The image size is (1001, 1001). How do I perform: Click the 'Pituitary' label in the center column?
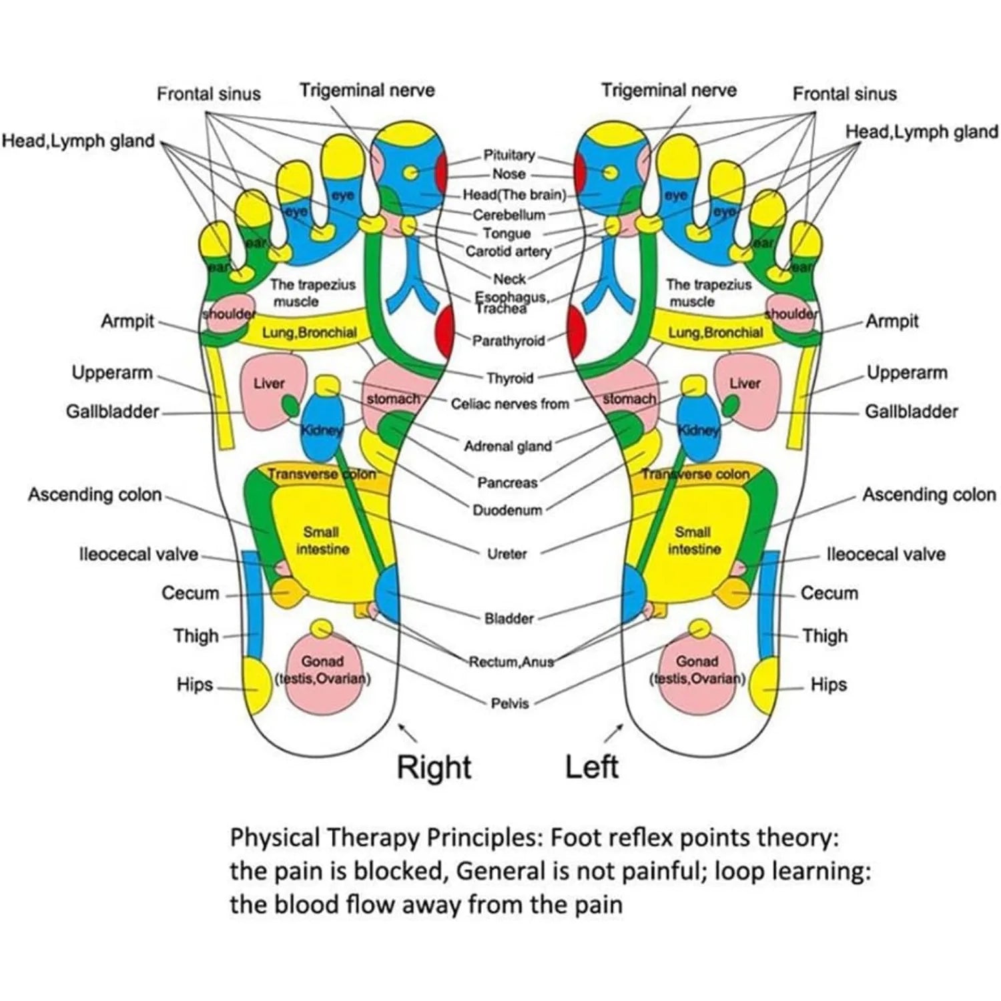pos(509,155)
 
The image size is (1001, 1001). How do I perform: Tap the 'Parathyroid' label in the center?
pos(509,341)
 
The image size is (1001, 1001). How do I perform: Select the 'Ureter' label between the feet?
pos(507,554)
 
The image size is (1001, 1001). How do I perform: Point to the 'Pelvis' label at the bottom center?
pos(509,703)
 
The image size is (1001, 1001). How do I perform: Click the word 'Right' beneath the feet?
pos(434,767)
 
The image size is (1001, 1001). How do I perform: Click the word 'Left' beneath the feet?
pos(591,767)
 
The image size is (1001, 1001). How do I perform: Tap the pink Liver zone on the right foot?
pos(270,390)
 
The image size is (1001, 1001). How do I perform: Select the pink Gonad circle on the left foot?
pos(697,671)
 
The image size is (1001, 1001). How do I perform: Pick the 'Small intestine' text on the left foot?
pos(693,541)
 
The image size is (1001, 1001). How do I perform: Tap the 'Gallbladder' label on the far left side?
pos(112,412)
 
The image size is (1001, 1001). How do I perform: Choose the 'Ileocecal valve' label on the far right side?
pos(886,555)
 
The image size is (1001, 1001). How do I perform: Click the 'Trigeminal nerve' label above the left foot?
pos(669,91)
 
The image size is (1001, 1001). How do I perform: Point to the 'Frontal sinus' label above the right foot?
pos(208,94)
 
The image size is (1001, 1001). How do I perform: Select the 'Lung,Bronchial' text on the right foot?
pos(309,332)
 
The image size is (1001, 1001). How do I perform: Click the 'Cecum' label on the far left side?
pos(190,593)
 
